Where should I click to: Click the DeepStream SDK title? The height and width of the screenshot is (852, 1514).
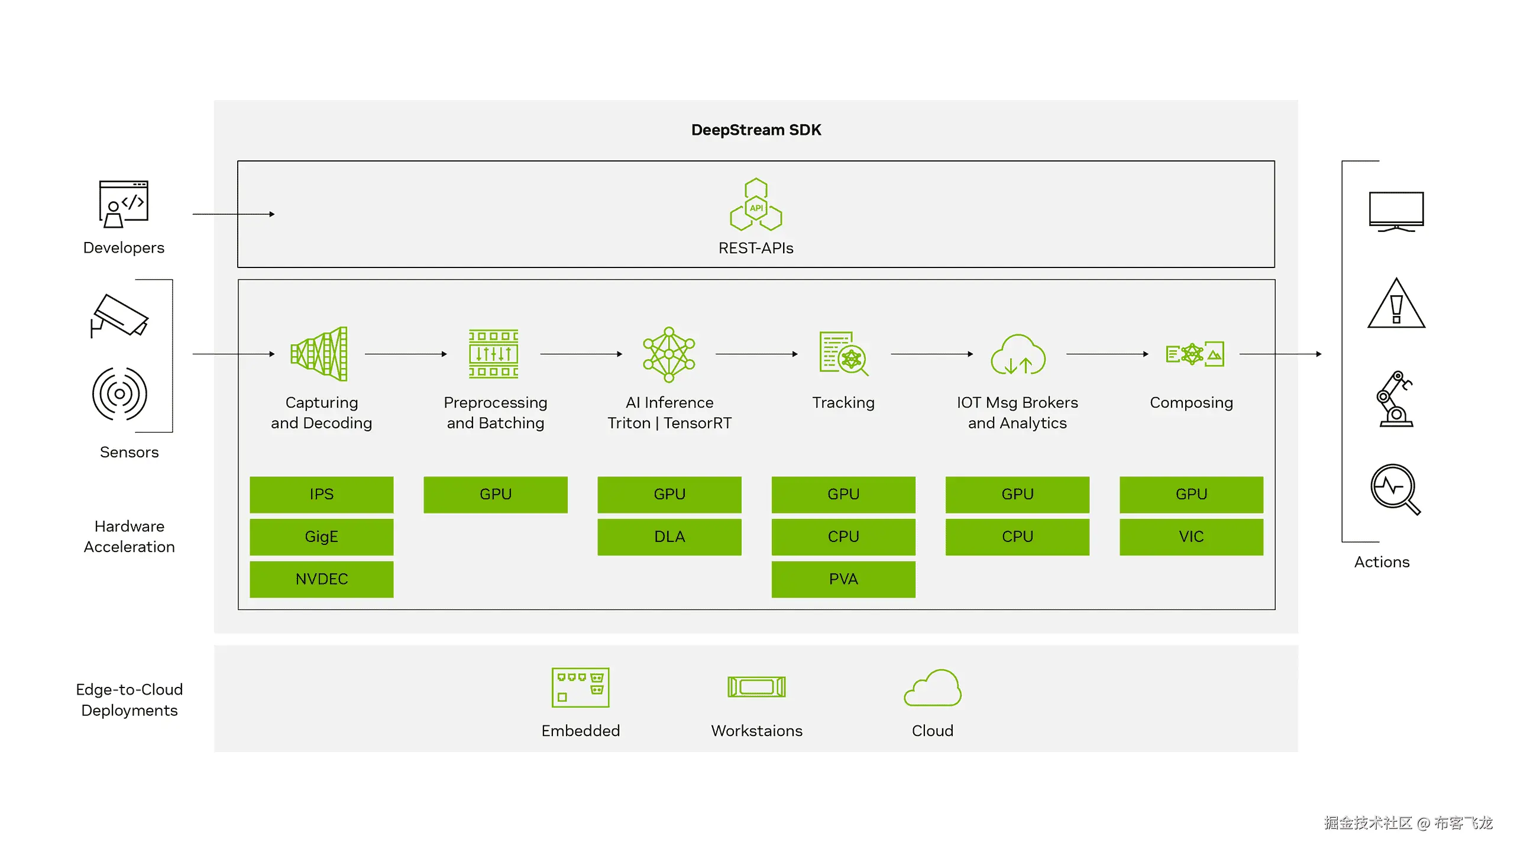coord(756,130)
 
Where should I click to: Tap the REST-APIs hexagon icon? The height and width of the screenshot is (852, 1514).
coord(756,205)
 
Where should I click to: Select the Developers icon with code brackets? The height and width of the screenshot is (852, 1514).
coord(124,204)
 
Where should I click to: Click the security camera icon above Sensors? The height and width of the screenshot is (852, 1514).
coord(119,316)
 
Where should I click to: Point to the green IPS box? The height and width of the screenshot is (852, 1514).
coord(321,494)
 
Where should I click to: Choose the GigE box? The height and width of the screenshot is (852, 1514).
coord(321,537)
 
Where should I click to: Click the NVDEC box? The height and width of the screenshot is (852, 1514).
coord(321,579)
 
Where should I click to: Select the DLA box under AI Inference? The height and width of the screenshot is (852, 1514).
coord(669,537)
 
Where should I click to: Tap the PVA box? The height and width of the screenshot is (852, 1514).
coord(843,579)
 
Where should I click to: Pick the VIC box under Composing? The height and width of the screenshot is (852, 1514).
coord(1191,537)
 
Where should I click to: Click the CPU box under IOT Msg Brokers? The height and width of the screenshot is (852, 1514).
coord(1017,537)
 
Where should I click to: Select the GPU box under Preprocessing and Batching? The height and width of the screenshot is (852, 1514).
coord(495,494)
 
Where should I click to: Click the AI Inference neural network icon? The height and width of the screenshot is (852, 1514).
coord(669,354)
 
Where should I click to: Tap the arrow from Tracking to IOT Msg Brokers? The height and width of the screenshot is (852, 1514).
coord(931,354)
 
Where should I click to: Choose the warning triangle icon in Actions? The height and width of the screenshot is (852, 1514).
coord(1396,304)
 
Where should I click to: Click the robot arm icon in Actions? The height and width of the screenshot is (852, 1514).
coord(1396,399)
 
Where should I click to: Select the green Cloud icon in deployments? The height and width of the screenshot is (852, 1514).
coord(933,688)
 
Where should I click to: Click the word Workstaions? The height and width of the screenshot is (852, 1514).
coord(756,731)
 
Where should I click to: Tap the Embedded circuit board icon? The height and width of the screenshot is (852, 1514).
coord(580,688)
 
